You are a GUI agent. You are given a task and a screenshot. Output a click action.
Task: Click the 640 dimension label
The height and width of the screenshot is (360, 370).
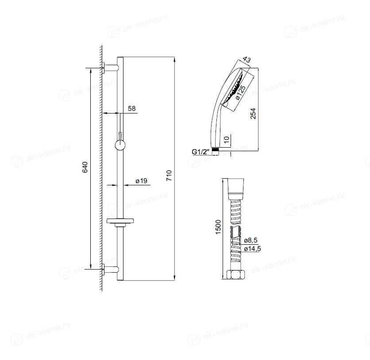pos(85,167)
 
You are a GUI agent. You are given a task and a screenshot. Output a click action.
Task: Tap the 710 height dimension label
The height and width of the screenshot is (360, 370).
pos(169,176)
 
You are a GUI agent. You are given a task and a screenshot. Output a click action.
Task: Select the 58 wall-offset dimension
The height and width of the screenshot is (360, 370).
pos(132,108)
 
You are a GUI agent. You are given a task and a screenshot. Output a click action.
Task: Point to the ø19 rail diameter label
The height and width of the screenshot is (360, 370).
pos(141,181)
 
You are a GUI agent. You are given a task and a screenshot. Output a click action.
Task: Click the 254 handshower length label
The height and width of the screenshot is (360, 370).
pos(253,113)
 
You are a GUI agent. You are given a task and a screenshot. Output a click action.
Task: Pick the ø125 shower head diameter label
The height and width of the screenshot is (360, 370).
pos(240,92)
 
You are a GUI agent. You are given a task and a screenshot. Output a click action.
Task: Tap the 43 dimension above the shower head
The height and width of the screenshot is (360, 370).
pos(247,59)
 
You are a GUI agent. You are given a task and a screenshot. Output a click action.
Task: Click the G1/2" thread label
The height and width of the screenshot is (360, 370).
pos(200,152)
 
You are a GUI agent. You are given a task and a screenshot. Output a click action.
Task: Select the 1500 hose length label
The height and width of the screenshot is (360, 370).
pos(218,227)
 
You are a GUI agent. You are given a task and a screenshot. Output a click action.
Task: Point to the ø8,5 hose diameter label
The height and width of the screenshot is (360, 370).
pos(251,240)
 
